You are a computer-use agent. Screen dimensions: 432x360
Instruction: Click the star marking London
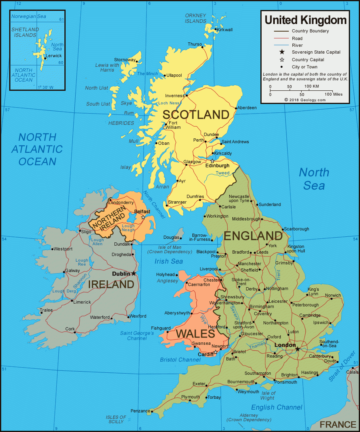(x=297, y=349)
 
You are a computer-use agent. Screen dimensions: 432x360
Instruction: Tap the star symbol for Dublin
(x=134, y=274)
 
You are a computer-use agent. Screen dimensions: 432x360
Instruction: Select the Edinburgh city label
(x=218, y=166)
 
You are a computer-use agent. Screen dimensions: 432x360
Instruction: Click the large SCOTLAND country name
(x=196, y=115)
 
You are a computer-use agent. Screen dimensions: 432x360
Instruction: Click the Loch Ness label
(x=169, y=103)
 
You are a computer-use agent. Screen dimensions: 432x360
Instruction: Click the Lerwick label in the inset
(x=54, y=56)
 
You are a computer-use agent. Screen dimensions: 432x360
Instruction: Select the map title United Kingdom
(x=305, y=20)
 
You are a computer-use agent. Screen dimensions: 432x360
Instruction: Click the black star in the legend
(x=282, y=52)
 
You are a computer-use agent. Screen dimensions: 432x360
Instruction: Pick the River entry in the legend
(x=297, y=45)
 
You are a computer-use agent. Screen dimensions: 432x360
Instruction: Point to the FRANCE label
(x=338, y=424)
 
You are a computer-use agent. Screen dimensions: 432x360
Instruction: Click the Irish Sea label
(x=169, y=261)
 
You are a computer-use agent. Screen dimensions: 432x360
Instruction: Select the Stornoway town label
(x=125, y=60)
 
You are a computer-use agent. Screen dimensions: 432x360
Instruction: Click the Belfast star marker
(x=143, y=217)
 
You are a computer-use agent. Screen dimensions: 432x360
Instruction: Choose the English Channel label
(x=276, y=407)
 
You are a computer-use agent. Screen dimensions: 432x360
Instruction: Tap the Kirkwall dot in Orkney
(x=215, y=29)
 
